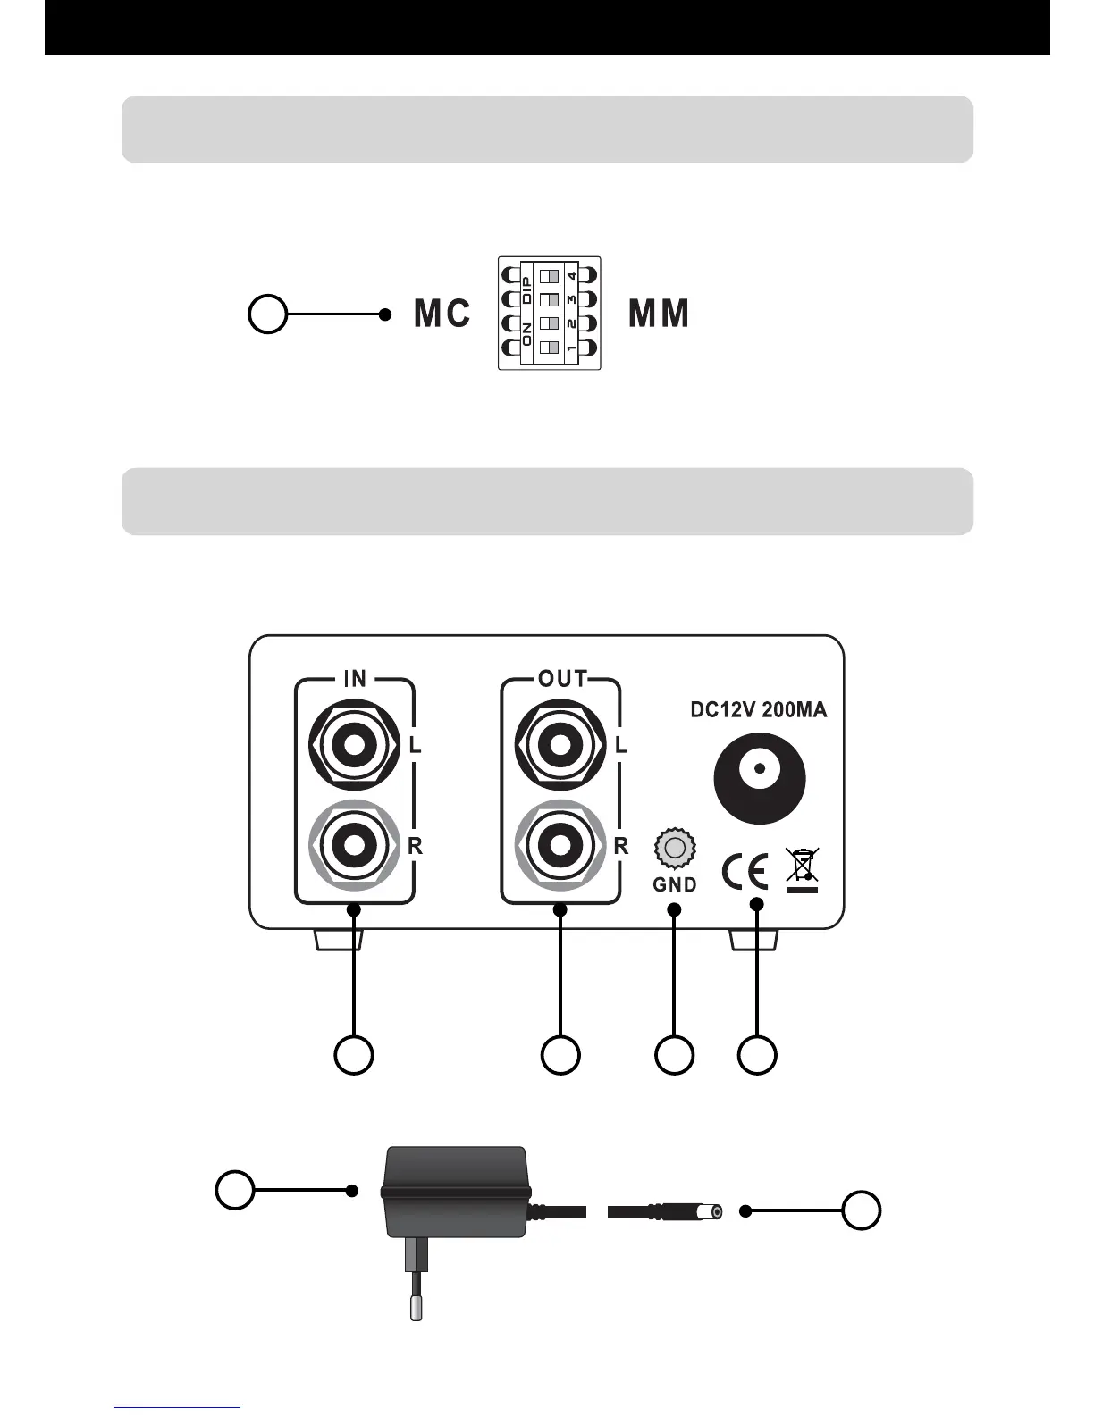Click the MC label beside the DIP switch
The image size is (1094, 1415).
tap(442, 314)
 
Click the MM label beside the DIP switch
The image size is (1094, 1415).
tap(659, 314)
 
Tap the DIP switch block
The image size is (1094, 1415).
tap(549, 313)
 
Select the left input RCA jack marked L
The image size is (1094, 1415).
tap(354, 744)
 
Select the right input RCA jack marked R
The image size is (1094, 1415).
tap(354, 843)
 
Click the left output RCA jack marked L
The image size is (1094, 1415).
tap(560, 744)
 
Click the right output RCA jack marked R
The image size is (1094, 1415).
tap(560, 843)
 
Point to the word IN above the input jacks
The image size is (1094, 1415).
tap(355, 679)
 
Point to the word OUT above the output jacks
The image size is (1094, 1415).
tap(562, 679)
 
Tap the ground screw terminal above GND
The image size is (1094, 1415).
tap(675, 848)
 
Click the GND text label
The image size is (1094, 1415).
tap(675, 885)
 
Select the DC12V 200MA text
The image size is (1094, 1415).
tap(759, 710)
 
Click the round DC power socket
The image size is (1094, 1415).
tap(760, 778)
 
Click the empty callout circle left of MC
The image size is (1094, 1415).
tap(267, 314)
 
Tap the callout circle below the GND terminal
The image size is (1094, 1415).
tap(674, 1055)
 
